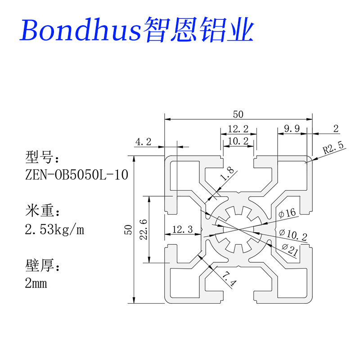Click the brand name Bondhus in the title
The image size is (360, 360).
80,29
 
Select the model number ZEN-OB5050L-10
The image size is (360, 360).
76,175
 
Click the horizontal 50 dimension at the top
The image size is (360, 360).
238,114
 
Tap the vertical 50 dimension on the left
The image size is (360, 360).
128,229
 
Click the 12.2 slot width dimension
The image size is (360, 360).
238,129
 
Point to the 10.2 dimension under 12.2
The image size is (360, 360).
238,141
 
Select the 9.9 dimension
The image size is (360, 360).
291,129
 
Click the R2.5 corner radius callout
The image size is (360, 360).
333,146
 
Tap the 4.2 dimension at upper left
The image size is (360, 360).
143,142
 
